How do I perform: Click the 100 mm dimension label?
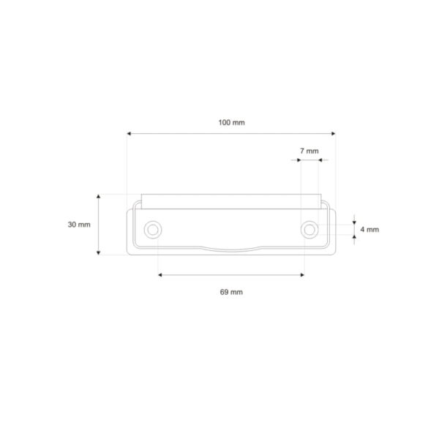click(231, 122)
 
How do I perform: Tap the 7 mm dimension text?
click(309, 151)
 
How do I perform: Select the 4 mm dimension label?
click(369, 230)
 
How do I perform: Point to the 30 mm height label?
click(79, 225)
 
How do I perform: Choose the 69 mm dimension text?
click(231, 292)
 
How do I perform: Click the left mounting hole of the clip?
click(153, 230)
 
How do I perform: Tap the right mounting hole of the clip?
click(310, 230)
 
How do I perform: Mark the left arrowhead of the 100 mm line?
click(130, 133)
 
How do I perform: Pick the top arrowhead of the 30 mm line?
click(98, 197)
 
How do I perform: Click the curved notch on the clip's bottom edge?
click(231, 249)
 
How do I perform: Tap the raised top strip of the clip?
click(231, 199)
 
